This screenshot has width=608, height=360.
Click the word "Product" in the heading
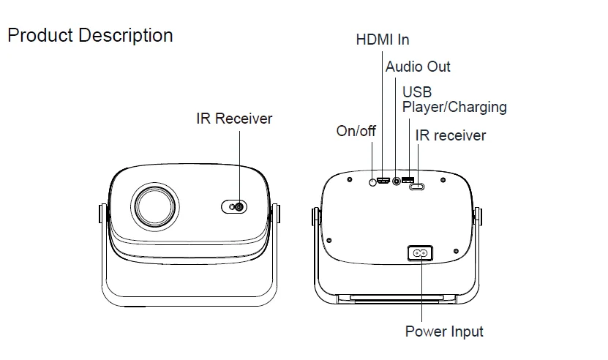(40, 35)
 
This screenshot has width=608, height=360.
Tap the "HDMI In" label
(382, 40)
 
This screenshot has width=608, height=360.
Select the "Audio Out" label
(418, 67)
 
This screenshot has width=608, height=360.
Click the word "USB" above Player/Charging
(417, 92)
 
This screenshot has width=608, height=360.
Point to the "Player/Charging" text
(454, 107)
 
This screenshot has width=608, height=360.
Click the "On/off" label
(356, 131)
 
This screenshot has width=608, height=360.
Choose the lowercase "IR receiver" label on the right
(450, 135)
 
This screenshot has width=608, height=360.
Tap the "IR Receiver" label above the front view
(234, 119)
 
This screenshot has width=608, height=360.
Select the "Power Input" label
(444, 331)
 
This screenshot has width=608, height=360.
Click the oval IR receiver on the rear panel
(418, 187)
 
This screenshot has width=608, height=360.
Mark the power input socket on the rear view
(420, 252)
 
